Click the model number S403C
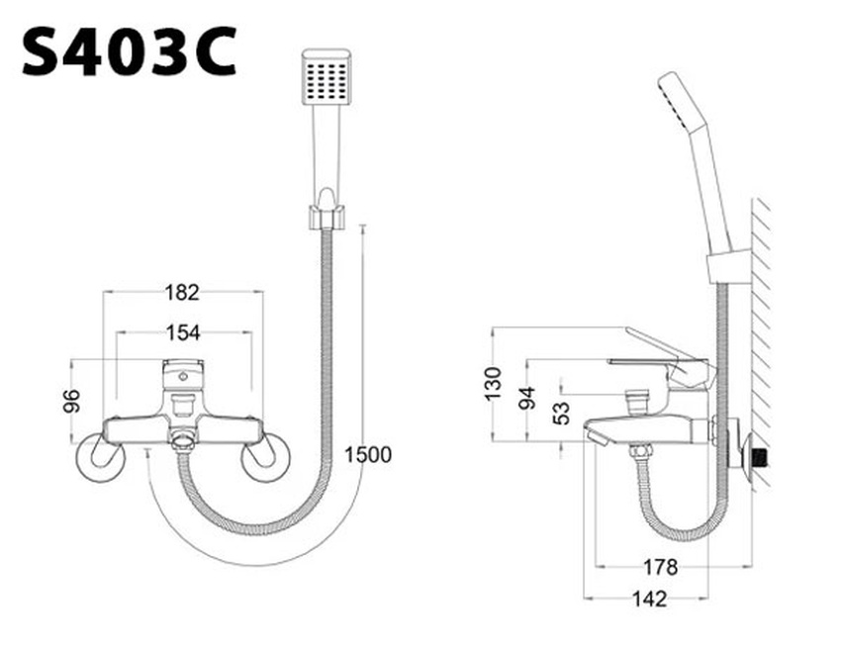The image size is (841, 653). pos(129,52)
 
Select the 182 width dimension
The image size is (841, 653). pos(182,292)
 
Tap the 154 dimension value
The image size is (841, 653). pos(182,332)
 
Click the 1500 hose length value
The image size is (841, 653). pos(368,455)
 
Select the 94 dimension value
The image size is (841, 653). pos(527,399)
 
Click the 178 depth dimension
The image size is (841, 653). pos(660,567)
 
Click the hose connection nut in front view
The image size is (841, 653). pos(182,441)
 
